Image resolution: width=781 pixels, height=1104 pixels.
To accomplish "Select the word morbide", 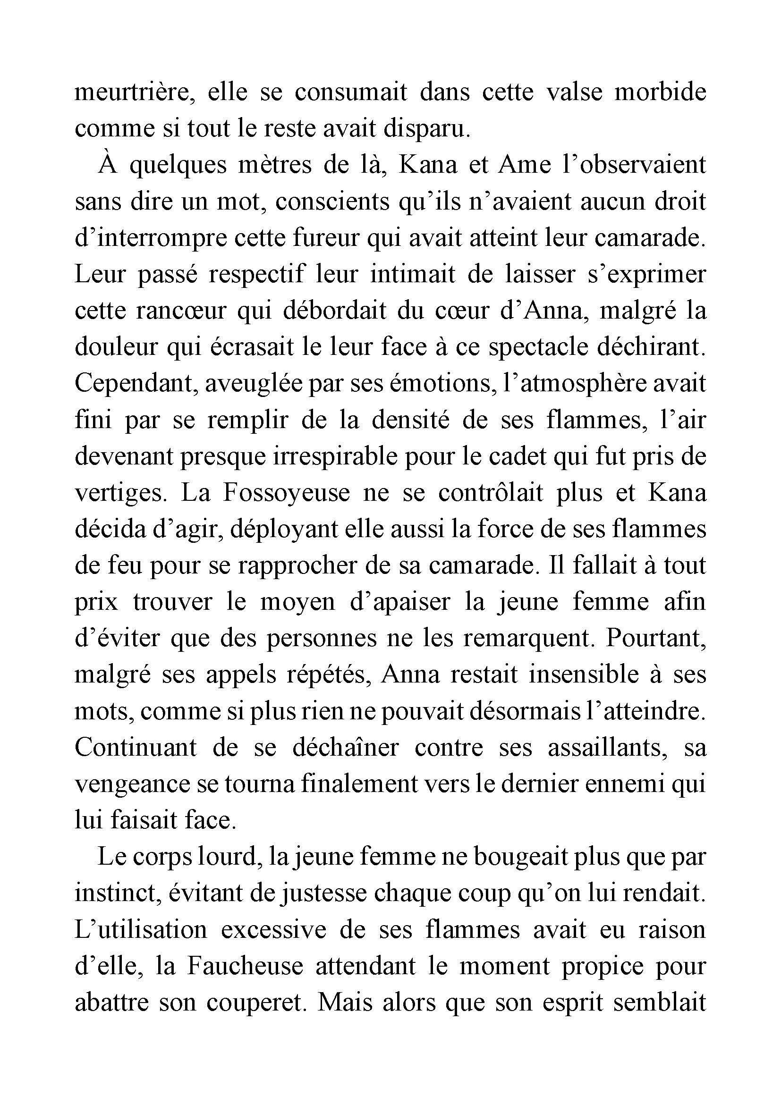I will point(660,93).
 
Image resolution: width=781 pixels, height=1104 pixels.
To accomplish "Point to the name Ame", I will point(525,165).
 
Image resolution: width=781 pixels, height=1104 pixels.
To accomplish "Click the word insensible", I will point(582,674).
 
